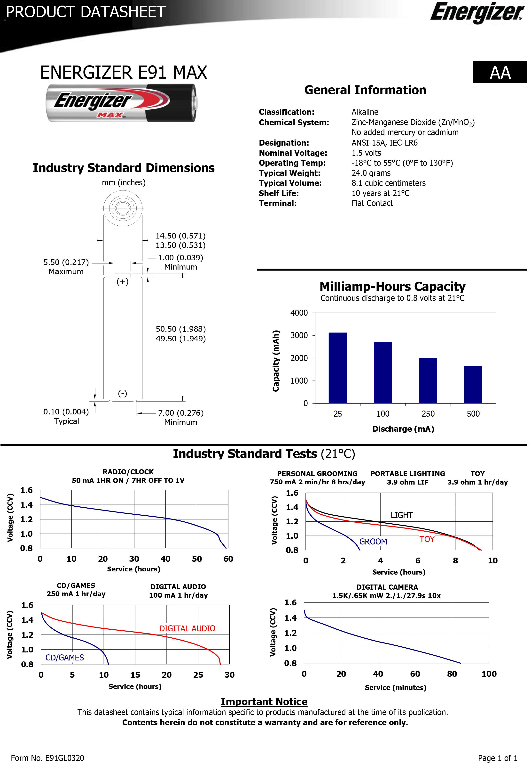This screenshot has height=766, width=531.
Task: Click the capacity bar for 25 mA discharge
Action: point(337,368)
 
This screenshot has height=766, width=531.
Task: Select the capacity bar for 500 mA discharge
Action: point(473,385)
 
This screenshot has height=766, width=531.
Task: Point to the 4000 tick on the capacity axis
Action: point(299,313)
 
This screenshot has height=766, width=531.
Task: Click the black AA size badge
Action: point(500,72)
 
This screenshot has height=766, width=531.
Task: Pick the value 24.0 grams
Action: point(371,173)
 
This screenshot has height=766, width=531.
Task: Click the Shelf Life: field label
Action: point(279,193)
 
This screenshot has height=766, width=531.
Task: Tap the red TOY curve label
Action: point(427,539)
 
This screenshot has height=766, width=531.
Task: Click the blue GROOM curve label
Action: point(373,541)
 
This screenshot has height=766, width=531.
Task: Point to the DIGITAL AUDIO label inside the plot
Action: point(187,628)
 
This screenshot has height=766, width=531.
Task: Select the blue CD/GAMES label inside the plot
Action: point(64,657)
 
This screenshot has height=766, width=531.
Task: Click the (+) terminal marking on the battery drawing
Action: point(122,281)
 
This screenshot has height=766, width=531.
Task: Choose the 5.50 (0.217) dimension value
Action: point(66,262)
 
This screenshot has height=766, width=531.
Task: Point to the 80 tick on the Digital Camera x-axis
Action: point(452,674)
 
